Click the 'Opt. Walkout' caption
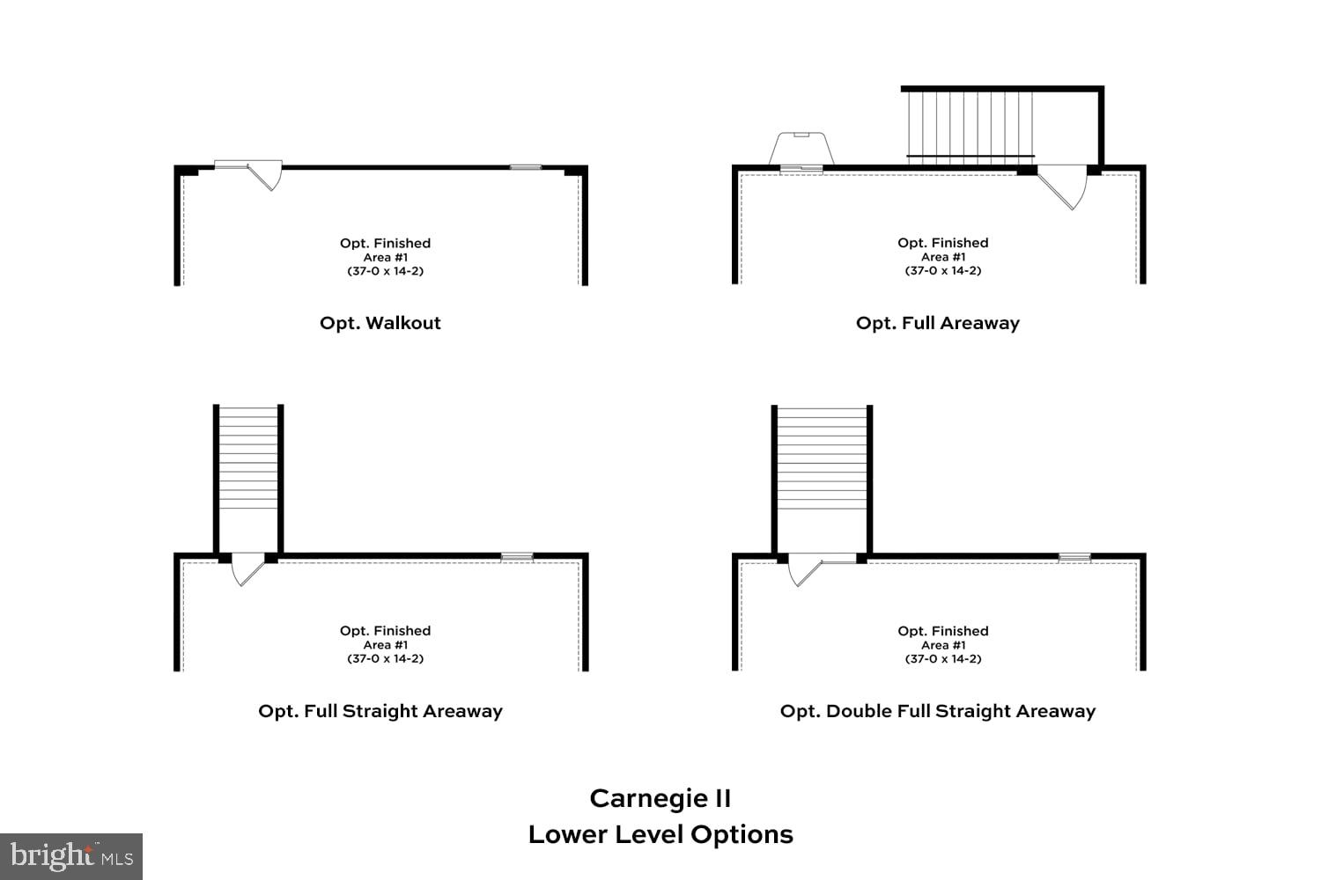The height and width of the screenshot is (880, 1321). pyautogui.click(x=380, y=323)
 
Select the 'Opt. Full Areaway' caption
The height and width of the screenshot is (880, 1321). pyautogui.click(x=937, y=323)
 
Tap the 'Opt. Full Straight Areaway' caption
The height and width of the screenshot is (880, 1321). pyautogui.click(x=380, y=711)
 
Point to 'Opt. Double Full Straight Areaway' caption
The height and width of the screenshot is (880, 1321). pyautogui.click(x=937, y=711)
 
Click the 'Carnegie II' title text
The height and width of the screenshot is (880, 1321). pyautogui.click(x=660, y=798)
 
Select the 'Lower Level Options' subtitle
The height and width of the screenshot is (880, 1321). pyautogui.click(x=660, y=834)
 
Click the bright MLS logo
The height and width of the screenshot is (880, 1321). pyautogui.click(x=70, y=856)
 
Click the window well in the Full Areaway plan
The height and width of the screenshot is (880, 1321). pyautogui.click(x=801, y=150)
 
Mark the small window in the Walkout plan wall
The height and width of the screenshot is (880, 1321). pyautogui.click(x=526, y=166)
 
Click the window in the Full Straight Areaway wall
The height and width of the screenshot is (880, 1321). pyautogui.click(x=517, y=556)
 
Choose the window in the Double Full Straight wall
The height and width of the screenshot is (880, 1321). pyautogui.click(x=1074, y=556)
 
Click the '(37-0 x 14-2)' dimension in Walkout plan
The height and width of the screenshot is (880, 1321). pyautogui.click(x=385, y=271)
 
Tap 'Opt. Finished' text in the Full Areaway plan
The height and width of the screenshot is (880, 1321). pyautogui.click(x=942, y=243)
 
